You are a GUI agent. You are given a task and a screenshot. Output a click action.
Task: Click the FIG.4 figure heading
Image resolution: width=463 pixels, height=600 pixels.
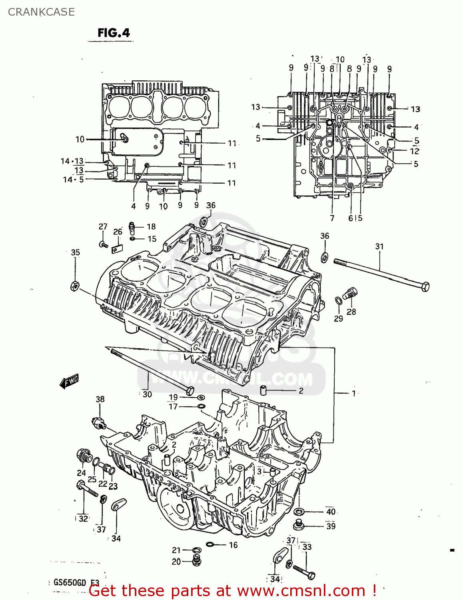[x=114, y=33]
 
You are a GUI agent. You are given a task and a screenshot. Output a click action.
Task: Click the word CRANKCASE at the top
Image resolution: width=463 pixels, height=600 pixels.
[x=41, y=12]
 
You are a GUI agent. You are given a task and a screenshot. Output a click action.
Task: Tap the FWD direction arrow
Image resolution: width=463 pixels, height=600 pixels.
[x=69, y=381]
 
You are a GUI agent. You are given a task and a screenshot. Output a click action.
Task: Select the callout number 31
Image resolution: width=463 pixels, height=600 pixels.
[x=379, y=246]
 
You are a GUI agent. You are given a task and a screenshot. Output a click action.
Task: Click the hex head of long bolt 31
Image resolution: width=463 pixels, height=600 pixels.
[x=425, y=286]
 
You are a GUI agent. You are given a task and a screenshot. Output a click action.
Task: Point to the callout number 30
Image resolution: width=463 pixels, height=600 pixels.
[x=147, y=394]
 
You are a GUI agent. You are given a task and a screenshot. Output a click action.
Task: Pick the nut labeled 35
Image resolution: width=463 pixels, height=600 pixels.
[x=74, y=286]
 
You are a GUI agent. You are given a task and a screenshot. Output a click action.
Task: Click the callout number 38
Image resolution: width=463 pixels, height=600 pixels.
[x=100, y=399]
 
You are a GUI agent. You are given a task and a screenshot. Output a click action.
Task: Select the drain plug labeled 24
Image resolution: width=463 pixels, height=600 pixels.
[x=84, y=456]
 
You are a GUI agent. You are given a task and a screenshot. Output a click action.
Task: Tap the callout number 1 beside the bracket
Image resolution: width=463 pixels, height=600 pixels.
[x=353, y=393]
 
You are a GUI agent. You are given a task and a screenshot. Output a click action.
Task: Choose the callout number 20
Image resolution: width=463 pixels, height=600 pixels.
[x=176, y=562]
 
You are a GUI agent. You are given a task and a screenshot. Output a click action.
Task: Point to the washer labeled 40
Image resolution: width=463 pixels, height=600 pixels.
[x=298, y=512]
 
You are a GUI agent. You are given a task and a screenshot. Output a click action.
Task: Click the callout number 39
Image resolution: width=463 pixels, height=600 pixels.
[x=331, y=526]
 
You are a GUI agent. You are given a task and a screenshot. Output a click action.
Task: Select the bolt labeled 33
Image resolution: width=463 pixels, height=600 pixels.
[x=304, y=571]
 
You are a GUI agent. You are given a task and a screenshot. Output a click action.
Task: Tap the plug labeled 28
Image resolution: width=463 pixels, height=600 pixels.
[x=351, y=294]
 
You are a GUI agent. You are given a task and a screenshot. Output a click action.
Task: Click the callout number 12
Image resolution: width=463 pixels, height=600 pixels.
[x=415, y=151]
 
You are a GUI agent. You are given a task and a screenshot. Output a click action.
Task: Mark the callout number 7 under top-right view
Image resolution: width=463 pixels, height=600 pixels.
[x=332, y=218]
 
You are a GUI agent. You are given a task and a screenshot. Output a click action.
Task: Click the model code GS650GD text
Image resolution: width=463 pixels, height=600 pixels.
[x=70, y=582]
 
